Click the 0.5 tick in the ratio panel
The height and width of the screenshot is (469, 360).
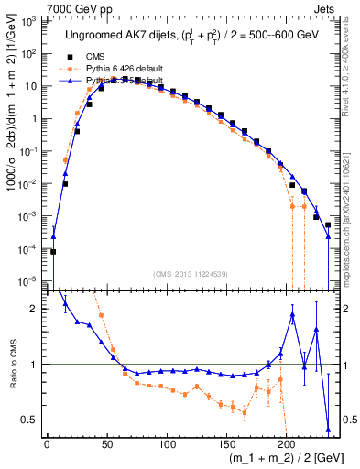pos(33,420)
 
